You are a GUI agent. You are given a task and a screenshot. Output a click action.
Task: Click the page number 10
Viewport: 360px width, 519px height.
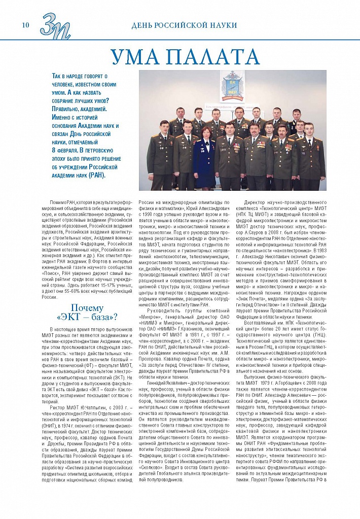[x=25, y=25]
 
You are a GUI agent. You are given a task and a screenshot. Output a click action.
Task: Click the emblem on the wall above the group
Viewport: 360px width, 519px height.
[x=232, y=85]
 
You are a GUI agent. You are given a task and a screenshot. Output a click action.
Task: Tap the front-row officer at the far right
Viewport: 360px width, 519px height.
[x=311, y=155]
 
